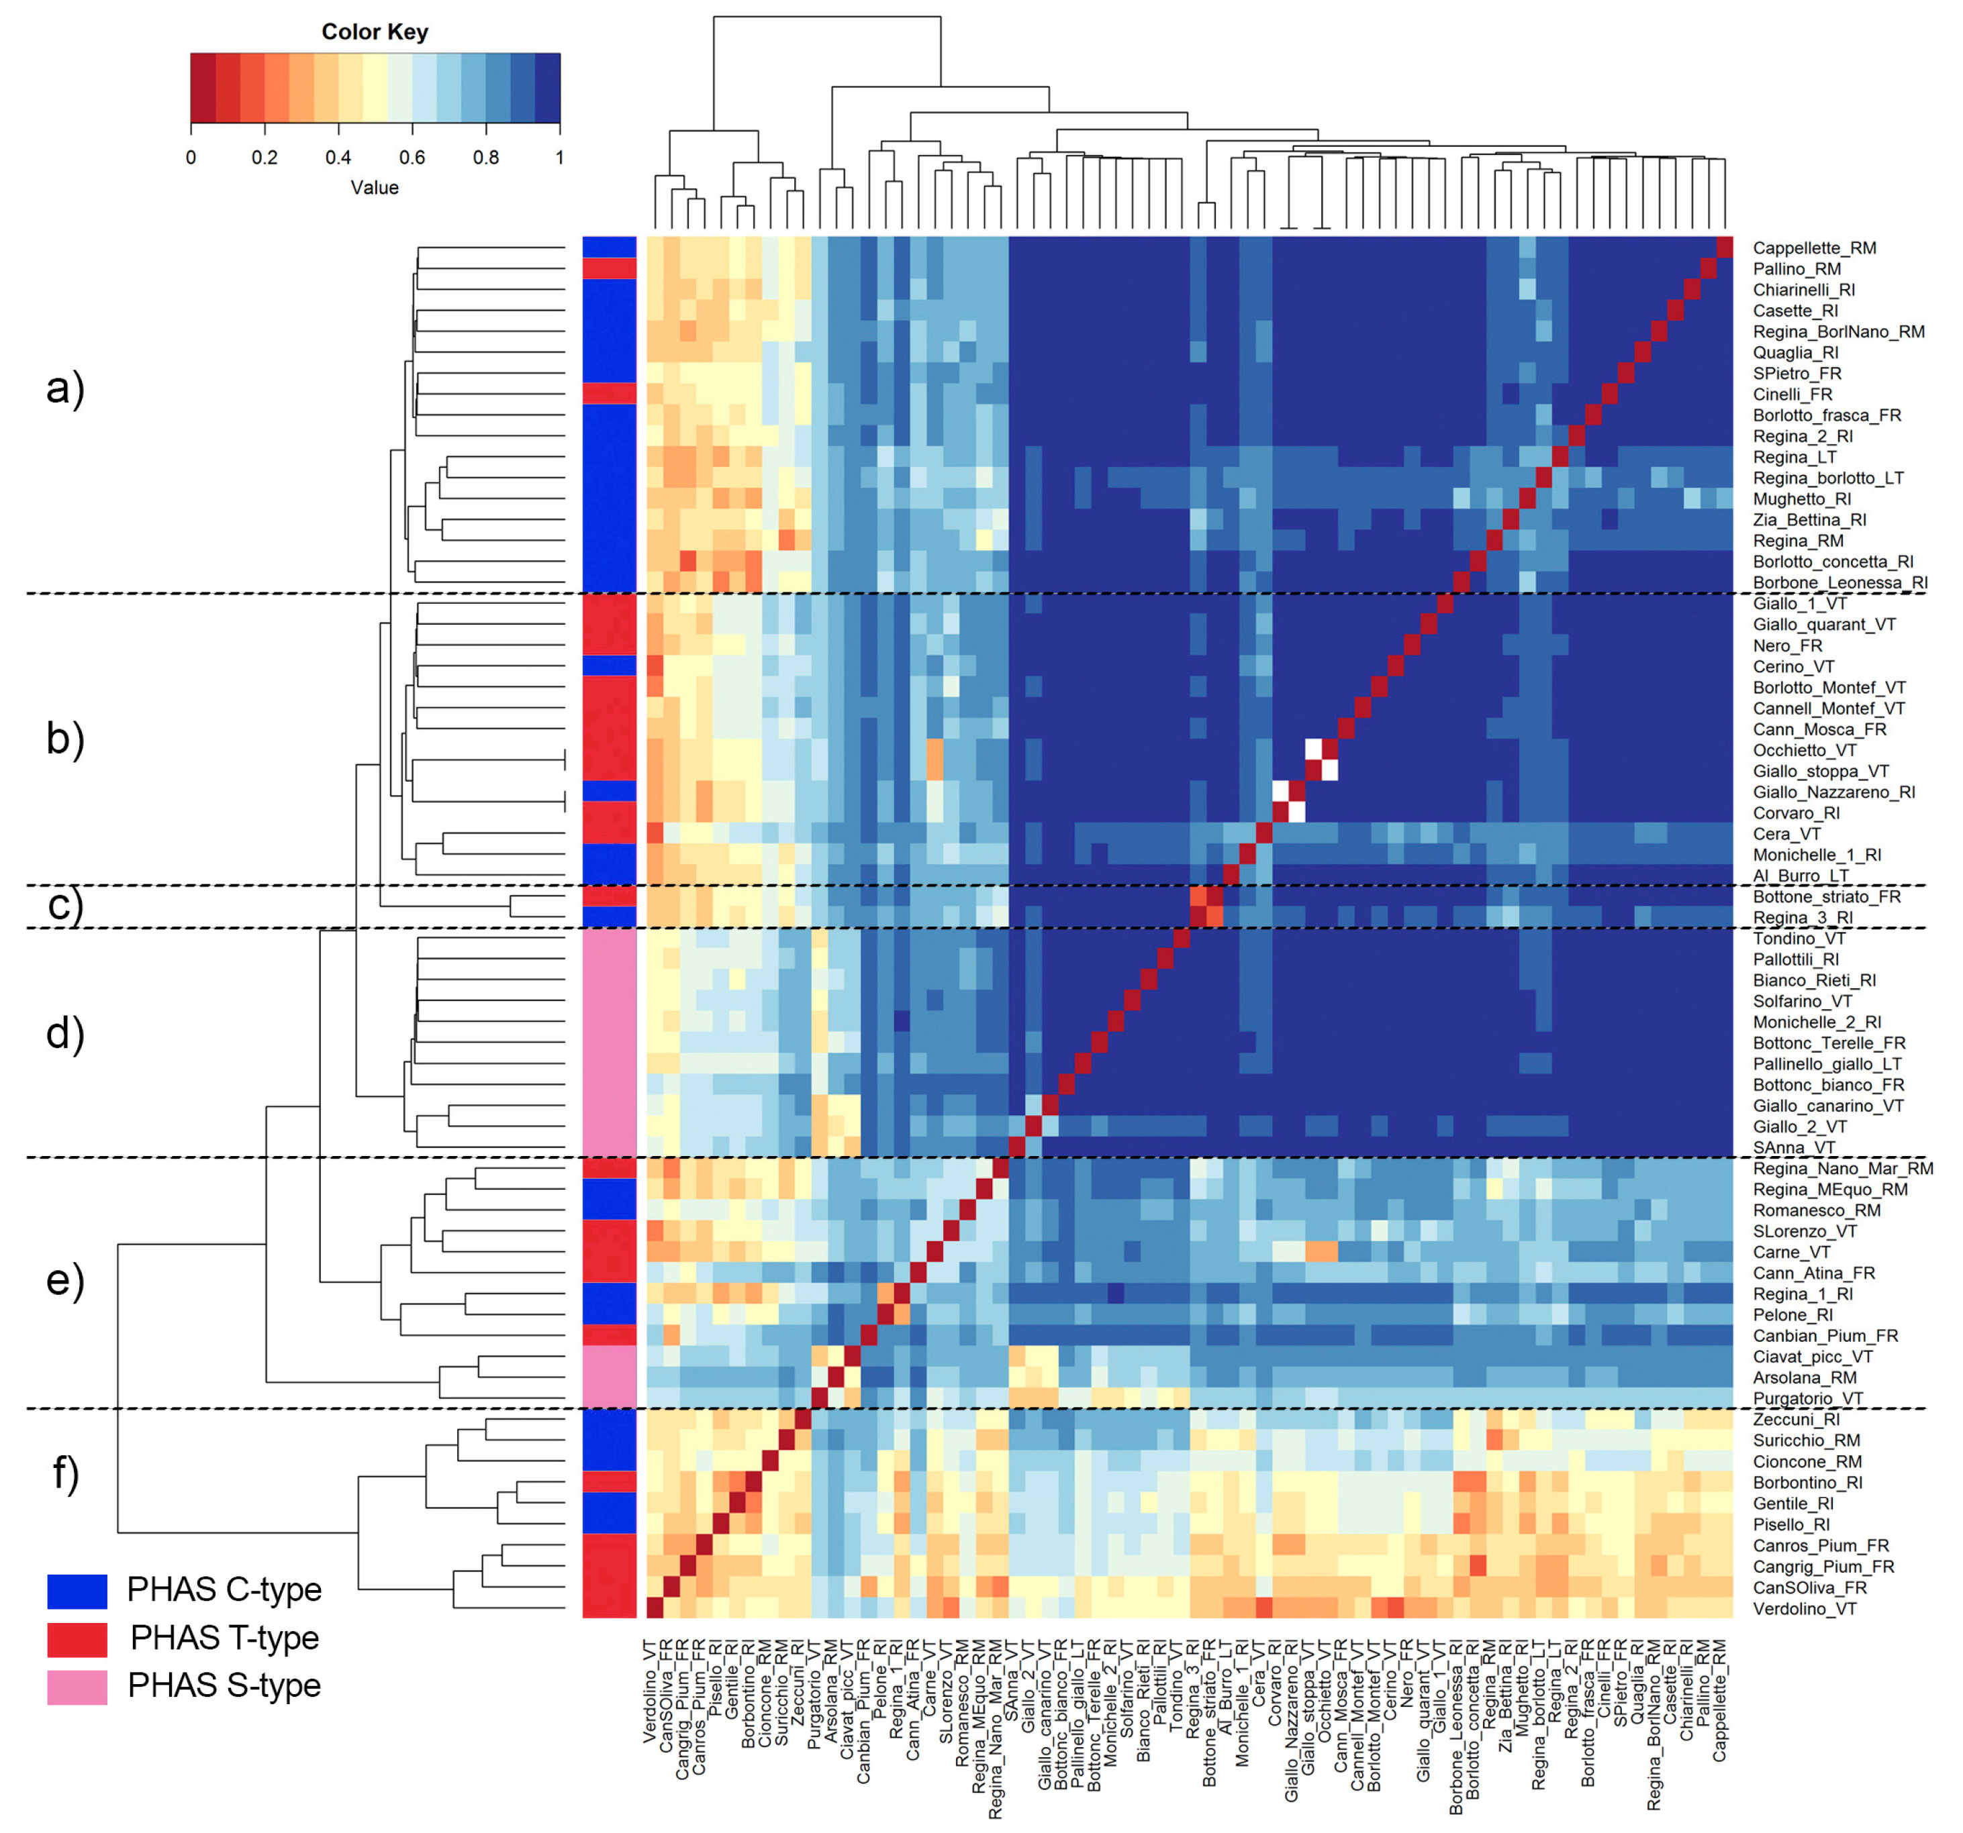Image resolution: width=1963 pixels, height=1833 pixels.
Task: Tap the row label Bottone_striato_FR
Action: (1827, 897)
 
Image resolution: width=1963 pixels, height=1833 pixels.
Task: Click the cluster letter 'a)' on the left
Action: (65, 387)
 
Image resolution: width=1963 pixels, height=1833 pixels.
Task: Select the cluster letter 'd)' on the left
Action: (65, 1033)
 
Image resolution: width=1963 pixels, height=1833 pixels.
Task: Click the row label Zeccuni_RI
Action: (1796, 1420)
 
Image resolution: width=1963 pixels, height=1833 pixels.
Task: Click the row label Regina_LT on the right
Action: (1794, 457)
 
